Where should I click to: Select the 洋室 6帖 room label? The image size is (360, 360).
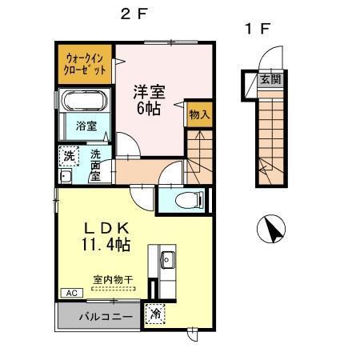[150, 98]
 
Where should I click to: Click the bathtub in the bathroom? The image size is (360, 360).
[85, 103]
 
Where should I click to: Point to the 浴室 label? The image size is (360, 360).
[86, 126]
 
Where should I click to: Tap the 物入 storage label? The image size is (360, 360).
[199, 114]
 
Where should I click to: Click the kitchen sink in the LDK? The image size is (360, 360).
[169, 259]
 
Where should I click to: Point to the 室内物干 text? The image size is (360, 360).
[113, 280]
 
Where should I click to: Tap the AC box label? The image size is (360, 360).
[69, 293]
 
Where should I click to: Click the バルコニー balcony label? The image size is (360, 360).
[99, 316]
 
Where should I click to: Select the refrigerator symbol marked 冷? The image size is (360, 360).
[157, 314]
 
